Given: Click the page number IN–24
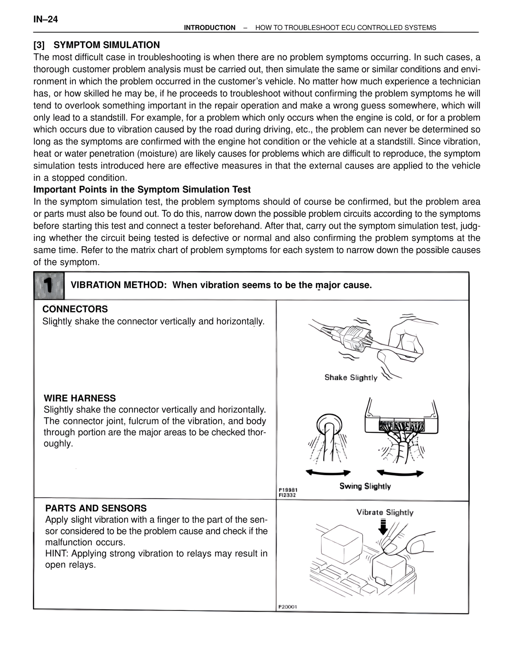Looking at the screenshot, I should tap(46, 19).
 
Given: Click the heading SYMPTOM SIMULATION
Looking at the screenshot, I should tap(106, 45).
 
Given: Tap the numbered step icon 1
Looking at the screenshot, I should tap(49, 286).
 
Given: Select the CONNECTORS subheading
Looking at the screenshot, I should tap(75, 309).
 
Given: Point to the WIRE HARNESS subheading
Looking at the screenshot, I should tap(80, 398).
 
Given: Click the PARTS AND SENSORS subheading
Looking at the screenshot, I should tap(96, 508).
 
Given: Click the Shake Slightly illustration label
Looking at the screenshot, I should tap(351, 377).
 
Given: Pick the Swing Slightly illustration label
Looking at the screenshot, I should tap(365, 486).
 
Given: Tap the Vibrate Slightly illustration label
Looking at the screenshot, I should tap(385, 512).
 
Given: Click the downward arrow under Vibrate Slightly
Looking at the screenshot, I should tap(382, 527).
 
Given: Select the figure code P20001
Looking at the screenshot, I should tap(288, 607).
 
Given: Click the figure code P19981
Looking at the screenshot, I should tap(288, 490).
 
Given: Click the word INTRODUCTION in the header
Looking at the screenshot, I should tap(210, 28).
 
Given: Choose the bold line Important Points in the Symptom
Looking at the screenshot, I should tap(142, 190).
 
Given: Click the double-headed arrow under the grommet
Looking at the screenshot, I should tap(328, 473).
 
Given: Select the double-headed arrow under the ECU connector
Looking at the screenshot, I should tap(400, 473).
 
